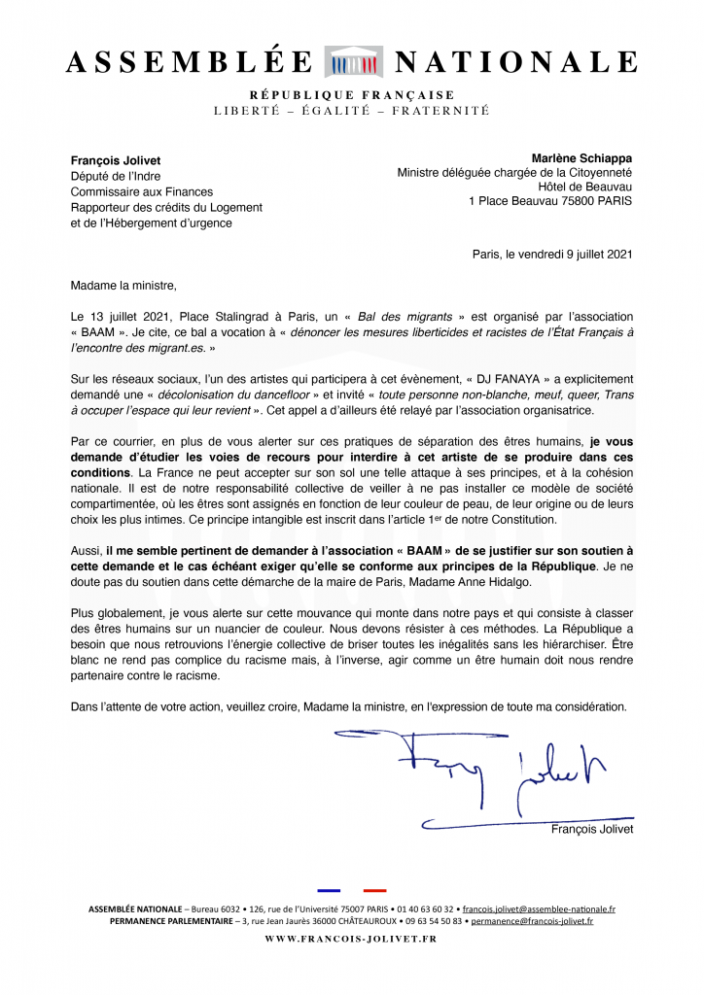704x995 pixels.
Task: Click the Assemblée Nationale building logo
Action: pos(353,61)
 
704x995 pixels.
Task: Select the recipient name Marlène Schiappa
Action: pos(581,157)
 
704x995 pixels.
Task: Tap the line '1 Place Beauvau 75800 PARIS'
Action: pos(550,201)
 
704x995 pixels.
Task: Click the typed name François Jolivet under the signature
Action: pos(591,829)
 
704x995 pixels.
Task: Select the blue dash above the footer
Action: pos(329,889)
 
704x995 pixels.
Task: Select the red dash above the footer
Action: pos(374,889)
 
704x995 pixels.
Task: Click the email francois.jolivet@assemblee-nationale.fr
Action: pos(539,909)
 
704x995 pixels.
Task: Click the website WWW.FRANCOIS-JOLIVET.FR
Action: pos(351,940)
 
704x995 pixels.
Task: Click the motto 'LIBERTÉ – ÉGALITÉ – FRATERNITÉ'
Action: pos(351,111)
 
